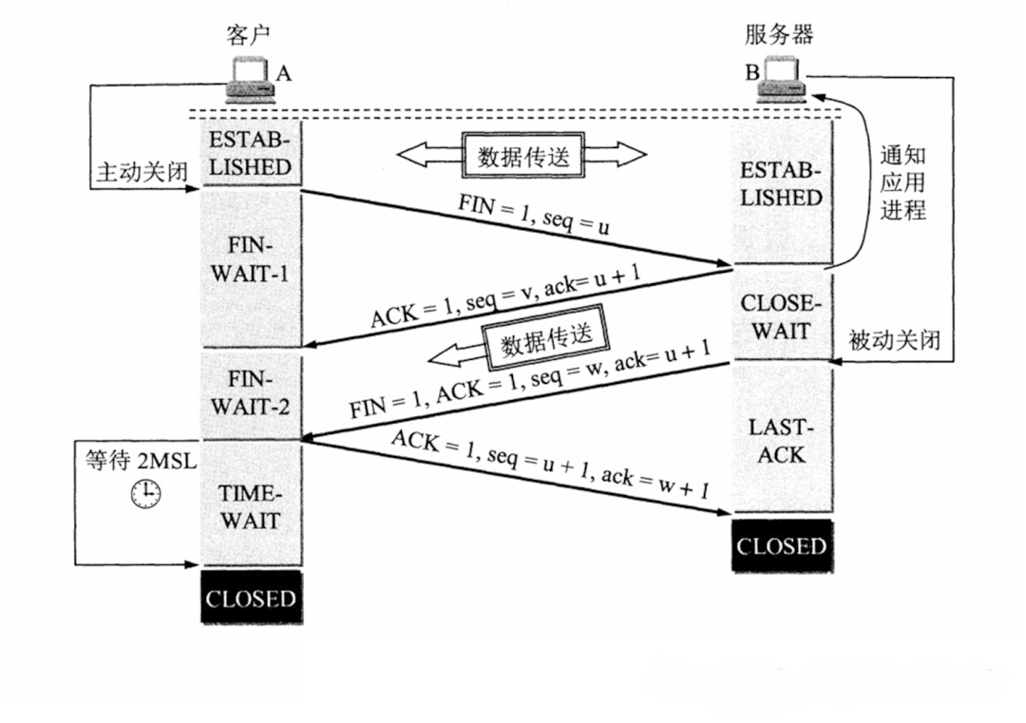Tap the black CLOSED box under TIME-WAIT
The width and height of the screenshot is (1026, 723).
251,599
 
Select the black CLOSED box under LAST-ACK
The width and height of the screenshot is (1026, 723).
782,546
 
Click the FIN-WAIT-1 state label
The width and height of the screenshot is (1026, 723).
251,259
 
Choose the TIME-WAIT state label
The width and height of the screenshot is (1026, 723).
251,507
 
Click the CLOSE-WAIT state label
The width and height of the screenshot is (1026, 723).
782,317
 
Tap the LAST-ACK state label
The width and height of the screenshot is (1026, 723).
782,441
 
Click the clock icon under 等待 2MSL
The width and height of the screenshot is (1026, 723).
145,492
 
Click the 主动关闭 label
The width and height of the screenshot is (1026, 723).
141,172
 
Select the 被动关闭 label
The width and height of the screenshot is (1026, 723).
894,339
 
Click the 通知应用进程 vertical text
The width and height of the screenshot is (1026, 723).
902,182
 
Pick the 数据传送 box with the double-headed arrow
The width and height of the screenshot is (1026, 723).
522,154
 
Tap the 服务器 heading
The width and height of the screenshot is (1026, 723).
779,35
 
